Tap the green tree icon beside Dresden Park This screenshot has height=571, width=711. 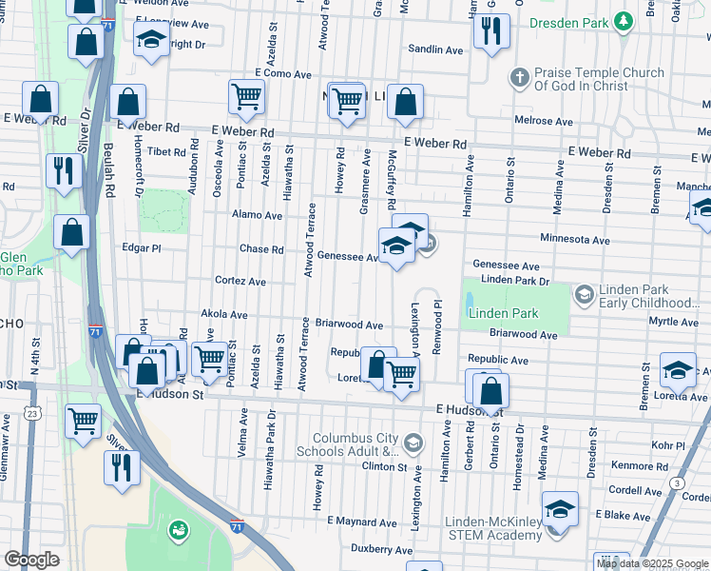tap(623, 20)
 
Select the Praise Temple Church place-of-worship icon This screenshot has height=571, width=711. tap(519, 77)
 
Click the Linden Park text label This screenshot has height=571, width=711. tap(503, 313)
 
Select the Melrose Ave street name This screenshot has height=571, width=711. tap(543, 122)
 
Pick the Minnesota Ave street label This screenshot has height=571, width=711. tap(574, 240)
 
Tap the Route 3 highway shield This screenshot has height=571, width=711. tap(676, 484)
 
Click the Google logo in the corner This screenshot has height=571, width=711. tap(30, 560)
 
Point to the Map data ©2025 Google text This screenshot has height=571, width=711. tap(652, 563)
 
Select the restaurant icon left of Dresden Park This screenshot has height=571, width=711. tap(490, 30)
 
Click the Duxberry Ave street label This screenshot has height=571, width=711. tap(379, 549)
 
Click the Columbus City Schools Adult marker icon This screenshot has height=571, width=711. tap(413, 443)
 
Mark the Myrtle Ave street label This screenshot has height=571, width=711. tap(676, 322)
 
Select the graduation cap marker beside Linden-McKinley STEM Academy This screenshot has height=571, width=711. tap(560, 509)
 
